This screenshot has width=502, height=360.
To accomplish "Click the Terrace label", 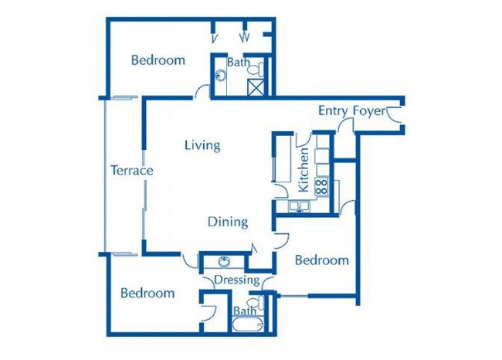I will coord(131,171).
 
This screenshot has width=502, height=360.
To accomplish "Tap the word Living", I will coord(202,144).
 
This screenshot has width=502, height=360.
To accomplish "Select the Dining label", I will coord(228,222).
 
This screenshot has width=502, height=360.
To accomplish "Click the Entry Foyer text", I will coord(351,111).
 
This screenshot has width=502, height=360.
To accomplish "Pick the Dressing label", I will coord(235,279).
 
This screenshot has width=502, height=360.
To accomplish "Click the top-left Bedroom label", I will coord(158,60).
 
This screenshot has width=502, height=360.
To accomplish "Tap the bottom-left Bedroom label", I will coord(148,294).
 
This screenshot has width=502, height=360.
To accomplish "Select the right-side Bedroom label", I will coord(322,260).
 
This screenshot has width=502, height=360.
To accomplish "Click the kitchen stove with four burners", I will coord(321,185).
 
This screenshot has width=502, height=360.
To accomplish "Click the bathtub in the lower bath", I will coord(246,324).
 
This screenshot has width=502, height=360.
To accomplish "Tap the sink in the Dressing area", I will coord(225,261).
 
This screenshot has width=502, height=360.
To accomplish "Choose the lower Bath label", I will coord(245,311).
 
